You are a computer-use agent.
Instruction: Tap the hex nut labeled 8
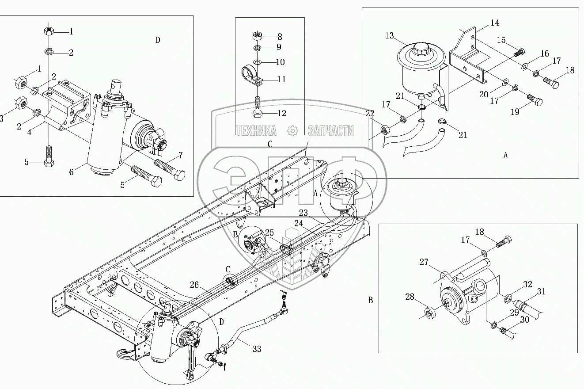(257, 36)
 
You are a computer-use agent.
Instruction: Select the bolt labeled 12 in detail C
(257, 107)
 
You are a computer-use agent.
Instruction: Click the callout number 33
(256, 349)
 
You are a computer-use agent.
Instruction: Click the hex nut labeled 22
(385, 130)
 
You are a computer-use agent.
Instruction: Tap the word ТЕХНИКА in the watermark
(256, 130)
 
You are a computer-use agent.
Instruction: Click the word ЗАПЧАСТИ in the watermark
(330, 130)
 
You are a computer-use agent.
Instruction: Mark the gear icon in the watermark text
(292, 130)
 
